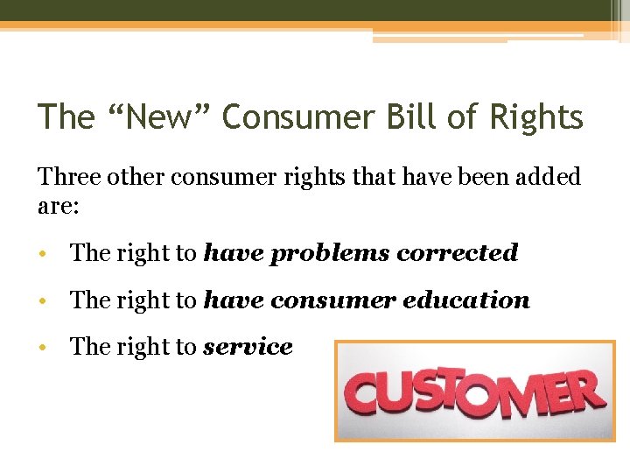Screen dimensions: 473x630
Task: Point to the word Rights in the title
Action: (533, 116)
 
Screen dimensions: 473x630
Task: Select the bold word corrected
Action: (458, 253)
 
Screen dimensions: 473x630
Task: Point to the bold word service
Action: (248, 348)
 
